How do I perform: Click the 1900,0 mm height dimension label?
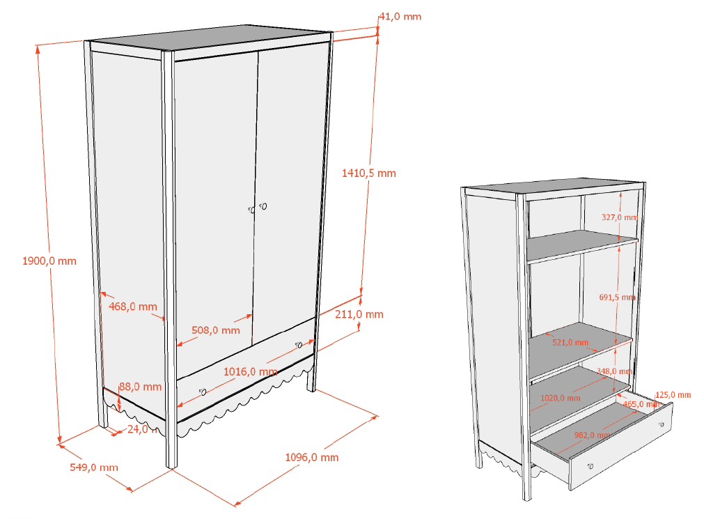[x=49, y=261]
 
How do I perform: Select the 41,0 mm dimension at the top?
[x=400, y=16]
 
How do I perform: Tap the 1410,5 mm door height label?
[x=369, y=173]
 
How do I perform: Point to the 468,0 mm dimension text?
[x=133, y=307]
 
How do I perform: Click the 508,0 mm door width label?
[x=216, y=330]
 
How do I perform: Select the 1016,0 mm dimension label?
[x=250, y=371]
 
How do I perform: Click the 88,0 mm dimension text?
[x=141, y=387]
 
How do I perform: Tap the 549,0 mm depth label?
[x=94, y=467]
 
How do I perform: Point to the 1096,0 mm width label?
[x=312, y=457]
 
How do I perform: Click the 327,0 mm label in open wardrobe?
[x=618, y=217]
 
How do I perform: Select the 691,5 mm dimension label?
[x=617, y=297]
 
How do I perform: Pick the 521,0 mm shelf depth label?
[x=570, y=343]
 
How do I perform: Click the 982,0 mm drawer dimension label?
[x=592, y=435]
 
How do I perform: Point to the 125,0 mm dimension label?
[x=673, y=395]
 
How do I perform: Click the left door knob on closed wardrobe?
[x=251, y=208]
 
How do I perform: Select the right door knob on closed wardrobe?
[x=264, y=206]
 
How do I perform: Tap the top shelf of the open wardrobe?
[x=581, y=246]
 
